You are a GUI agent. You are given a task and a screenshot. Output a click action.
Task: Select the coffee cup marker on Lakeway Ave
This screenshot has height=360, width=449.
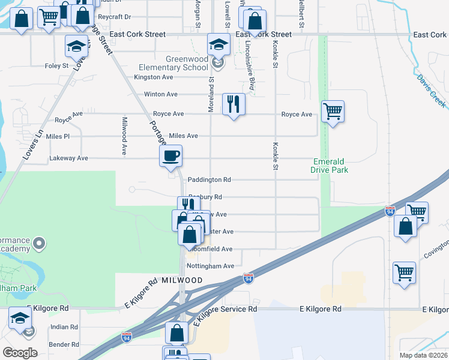170,157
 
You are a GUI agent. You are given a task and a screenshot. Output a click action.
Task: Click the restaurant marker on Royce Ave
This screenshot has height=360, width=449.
234,104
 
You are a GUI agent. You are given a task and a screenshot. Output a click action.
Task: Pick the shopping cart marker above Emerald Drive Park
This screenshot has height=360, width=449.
333,111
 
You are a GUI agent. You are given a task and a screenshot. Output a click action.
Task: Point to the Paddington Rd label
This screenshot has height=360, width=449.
209,179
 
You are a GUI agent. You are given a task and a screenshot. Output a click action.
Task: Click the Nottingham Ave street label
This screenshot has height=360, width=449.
211,266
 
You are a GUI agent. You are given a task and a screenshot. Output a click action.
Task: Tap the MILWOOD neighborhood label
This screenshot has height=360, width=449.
180,281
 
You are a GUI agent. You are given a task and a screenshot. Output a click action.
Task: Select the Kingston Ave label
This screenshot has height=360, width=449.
154,77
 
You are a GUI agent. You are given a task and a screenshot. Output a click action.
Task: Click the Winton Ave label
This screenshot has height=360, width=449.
160,94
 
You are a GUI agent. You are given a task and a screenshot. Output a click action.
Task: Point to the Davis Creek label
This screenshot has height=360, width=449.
432,91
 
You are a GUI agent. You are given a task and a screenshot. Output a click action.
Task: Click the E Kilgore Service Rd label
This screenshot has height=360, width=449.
224,309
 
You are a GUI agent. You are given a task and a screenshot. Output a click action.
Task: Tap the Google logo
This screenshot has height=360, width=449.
20,353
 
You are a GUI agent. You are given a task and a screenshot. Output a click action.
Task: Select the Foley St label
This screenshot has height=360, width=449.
57,66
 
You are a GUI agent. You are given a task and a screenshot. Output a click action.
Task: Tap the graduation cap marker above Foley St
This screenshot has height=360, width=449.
76,46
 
